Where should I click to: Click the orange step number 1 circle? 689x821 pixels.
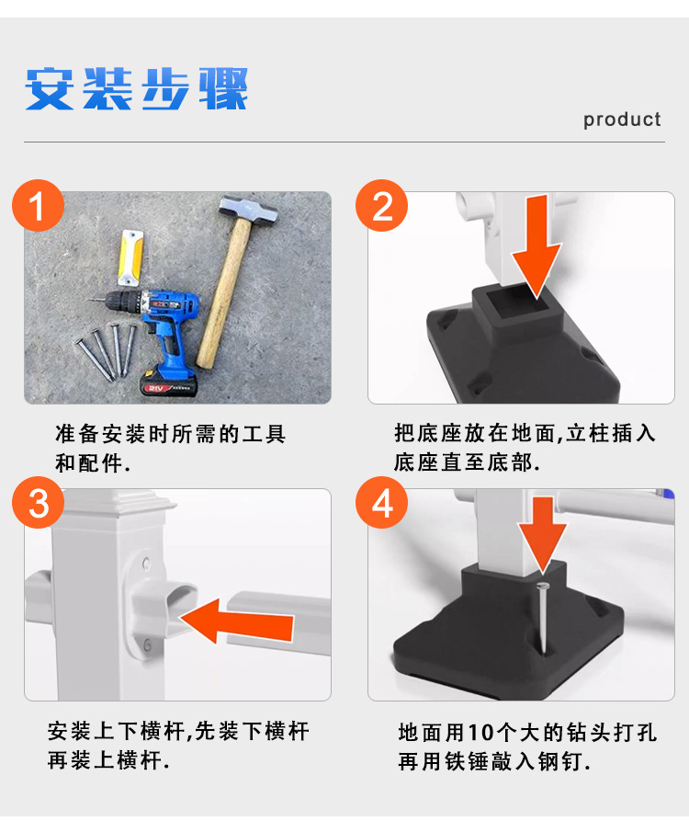point(39,205)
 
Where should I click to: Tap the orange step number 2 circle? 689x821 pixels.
point(382,205)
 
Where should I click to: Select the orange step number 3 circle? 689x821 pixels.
point(39,503)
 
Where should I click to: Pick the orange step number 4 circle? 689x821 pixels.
point(382,503)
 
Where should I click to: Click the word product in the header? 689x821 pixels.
point(622,120)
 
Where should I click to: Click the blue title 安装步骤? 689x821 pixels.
point(137,89)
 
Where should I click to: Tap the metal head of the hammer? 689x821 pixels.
point(248,210)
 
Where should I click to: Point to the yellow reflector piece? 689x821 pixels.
point(130,257)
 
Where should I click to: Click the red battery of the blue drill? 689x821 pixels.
point(169,383)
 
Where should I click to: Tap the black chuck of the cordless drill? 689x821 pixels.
point(120,302)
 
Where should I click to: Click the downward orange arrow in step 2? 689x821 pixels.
point(537,247)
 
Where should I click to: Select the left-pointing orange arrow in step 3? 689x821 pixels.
point(236,621)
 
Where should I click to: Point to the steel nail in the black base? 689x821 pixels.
point(544,618)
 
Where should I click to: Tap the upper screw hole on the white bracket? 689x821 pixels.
point(146,564)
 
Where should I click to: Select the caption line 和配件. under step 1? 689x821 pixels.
point(93,462)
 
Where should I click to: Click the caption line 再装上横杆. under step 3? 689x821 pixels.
point(108,760)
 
